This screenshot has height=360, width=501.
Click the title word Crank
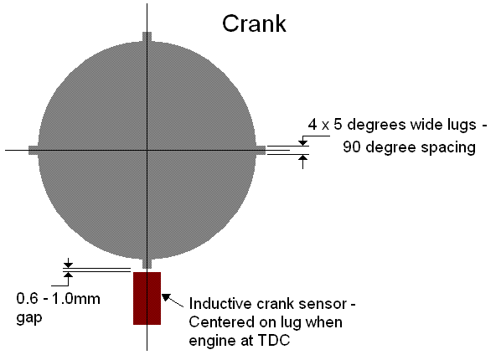pos(254,23)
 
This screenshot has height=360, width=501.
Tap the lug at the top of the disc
pos(147,37)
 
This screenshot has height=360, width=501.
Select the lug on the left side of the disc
pos(34,150)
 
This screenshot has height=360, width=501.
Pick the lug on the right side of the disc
pos(261,150)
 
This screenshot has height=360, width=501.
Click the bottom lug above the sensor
pos(147,263)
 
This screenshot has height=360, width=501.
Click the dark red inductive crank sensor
pos(147,298)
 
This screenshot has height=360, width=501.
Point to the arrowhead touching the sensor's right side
pos(166,297)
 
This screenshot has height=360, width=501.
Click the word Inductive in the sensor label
pos(220,304)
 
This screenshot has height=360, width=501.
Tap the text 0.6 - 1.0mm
pos(58,299)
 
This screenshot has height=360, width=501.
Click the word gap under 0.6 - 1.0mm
pos(29,318)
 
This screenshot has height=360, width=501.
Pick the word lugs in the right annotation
pos(460,126)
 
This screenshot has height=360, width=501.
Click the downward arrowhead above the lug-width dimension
pos(303,143)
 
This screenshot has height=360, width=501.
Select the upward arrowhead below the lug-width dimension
pos(303,157)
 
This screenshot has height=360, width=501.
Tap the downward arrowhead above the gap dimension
pos(68,265)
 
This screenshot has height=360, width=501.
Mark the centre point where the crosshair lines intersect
pos(147,150)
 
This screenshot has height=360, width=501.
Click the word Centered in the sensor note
pos(221,322)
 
